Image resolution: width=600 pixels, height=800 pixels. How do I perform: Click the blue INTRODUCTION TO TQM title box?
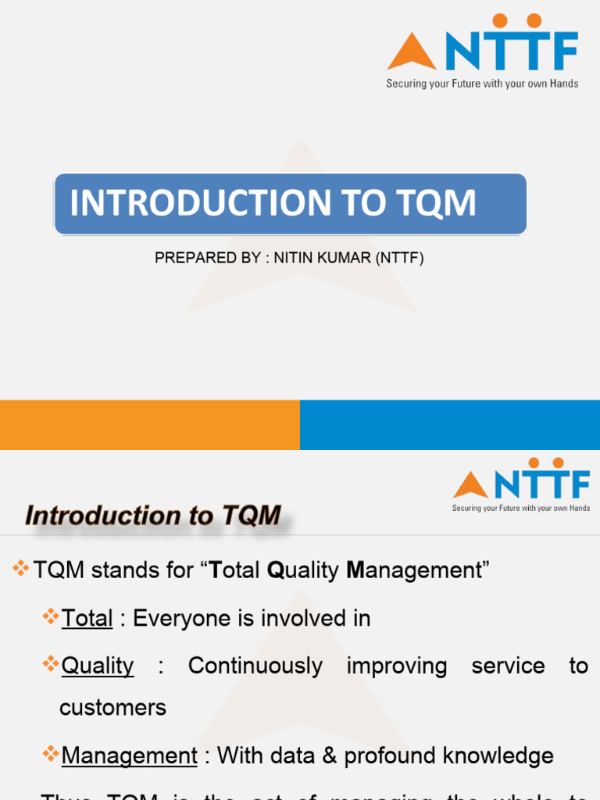click(x=290, y=204)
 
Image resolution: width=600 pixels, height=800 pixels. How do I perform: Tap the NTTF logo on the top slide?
click(x=482, y=51)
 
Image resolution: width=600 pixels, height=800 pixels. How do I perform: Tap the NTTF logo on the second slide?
click(x=521, y=484)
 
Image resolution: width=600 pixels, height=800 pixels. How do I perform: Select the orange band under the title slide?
click(x=149, y=425)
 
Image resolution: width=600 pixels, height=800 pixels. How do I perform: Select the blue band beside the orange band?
click(x=449, y=425)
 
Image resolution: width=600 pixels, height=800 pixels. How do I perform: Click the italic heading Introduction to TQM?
click(x=153, y=516)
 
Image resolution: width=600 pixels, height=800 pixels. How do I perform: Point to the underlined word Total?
click(x=87, y=619)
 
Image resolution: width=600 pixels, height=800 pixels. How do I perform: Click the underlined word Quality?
click(x=98, y=666)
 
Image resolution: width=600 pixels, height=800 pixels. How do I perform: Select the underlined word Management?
click(x=129, y=756)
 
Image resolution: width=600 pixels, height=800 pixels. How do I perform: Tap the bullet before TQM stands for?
click(x=21, y=569)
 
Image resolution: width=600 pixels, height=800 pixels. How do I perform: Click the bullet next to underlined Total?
click(x=51, y=617)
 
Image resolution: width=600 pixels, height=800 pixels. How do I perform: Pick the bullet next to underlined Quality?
click(x=51, y=665)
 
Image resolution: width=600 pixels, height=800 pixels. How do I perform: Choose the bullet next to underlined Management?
click(x=51, y=755)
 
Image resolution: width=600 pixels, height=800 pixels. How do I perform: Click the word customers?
click(x=112, y=708)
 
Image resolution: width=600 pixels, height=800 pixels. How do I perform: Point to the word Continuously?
click(x=255, y=666)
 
